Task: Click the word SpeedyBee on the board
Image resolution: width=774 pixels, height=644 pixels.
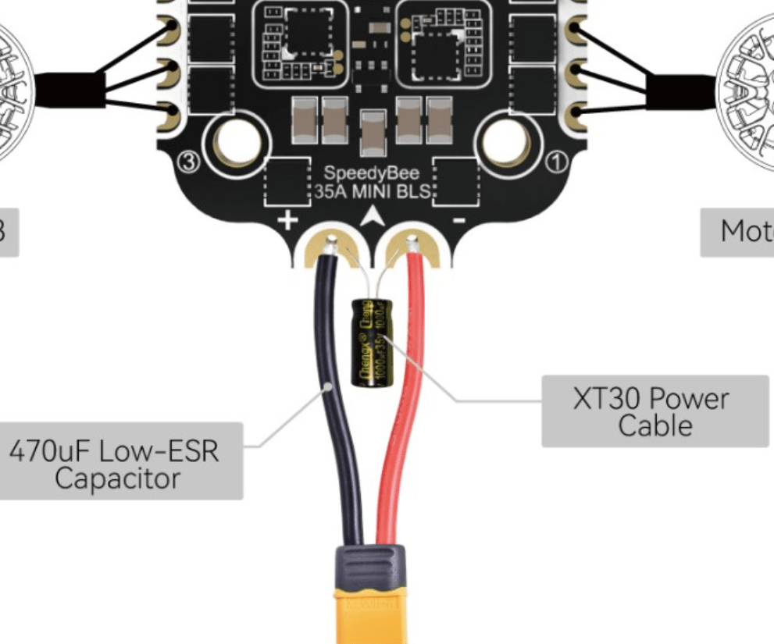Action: click(x=372, y=173)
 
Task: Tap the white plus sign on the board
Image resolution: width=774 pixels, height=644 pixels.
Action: click(x=288, y=220)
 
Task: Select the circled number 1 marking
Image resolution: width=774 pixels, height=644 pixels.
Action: click(x=557, y=162)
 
